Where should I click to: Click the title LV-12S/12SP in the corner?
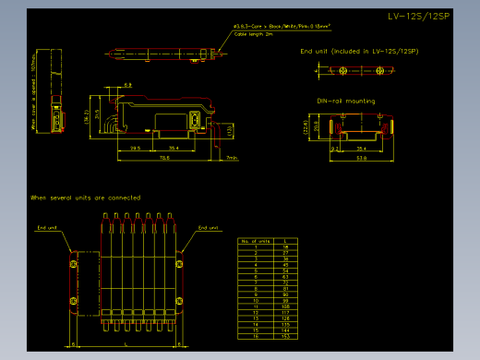coord(419,17)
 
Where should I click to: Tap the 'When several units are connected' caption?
coord(85,198)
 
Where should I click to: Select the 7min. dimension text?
coord(232,158)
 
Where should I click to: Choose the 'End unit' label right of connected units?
coord(209,227)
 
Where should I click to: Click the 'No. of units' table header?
coord(255,241)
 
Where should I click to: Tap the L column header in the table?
coord(286,241)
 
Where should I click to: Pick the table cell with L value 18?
coord(286,247)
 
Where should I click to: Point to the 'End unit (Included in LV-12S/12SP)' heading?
coord(358,51)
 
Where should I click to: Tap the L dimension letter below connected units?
coord(126,342)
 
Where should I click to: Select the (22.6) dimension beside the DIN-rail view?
coord(307,127)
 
